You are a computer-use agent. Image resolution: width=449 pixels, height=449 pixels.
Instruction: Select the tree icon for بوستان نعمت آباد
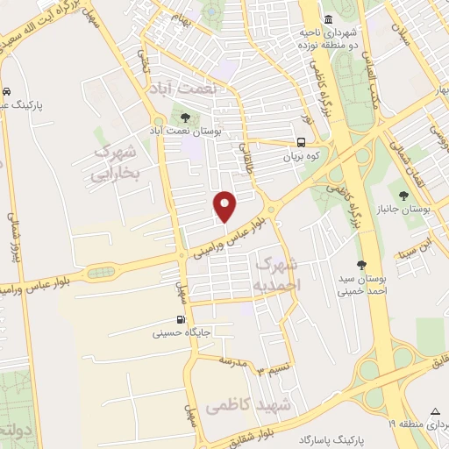point(186,117)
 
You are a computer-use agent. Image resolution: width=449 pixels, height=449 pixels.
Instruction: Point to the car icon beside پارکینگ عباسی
point(6,90)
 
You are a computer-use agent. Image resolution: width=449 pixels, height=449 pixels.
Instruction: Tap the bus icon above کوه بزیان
point(301,142)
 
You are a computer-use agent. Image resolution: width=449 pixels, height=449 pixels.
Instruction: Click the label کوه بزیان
point(300,157)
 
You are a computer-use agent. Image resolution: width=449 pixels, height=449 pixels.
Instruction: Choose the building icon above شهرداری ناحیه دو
point(327,20)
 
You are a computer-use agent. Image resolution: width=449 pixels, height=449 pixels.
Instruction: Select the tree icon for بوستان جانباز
point(403,196)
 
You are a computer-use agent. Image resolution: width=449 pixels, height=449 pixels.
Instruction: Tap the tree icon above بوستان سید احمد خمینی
point(360,264)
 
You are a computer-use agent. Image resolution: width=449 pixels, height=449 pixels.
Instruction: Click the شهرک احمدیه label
point(279,274)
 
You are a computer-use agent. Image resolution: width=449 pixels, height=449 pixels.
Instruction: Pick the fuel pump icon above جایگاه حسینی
point(180,319)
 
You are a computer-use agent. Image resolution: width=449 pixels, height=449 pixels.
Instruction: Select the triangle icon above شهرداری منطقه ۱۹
point(436,412)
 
